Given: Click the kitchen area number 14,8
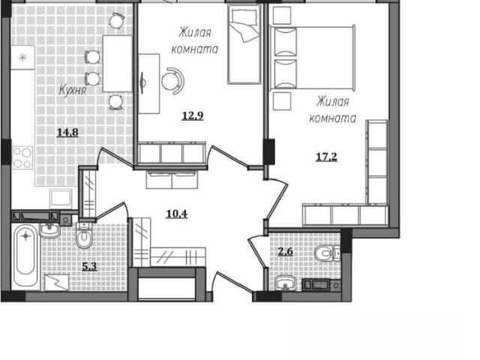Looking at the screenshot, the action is [x=67, y=133].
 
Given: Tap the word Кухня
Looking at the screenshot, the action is [x=73, y=91].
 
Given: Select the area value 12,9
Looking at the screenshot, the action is [x=193, y=115].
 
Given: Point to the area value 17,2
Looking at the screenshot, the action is [x=326, y=157].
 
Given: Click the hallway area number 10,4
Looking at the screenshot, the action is [x=177, y=214].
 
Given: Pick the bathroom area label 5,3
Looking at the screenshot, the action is [x=90, y=266].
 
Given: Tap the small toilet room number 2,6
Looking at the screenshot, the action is [x=285, y=252].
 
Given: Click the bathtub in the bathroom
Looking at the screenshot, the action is [x=25, y=256].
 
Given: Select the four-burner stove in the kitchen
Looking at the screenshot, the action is [x=22, y=157].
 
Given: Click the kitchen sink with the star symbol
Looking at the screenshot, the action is [x=22, y=57].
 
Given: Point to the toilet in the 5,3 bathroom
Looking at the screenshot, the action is [x=84, y=235].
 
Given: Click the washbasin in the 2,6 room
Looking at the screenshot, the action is [x=285, y=283].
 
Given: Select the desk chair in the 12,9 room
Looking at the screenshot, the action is [x=173, y=81].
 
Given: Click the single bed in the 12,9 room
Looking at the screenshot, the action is [x=244, y=45].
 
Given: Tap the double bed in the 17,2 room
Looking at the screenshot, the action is [x=312, y=58].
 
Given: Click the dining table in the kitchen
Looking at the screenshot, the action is [x=118, y=64].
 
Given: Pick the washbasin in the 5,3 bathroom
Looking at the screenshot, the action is [x=50, y=230].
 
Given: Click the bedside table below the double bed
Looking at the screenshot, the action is [x=282, y=101].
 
